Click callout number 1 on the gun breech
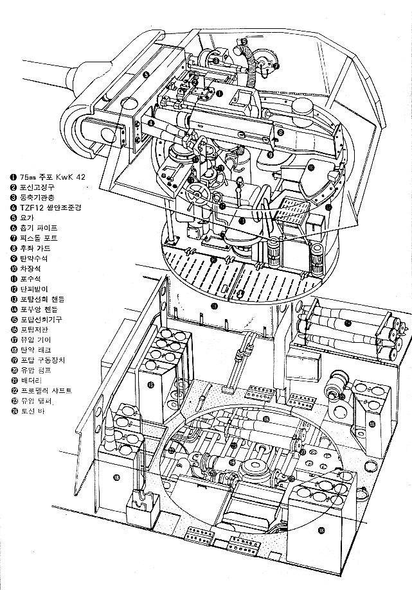[x=220, y=93]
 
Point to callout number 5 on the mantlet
[x=147, y=75]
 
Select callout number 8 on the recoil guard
[x=281, y=132]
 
